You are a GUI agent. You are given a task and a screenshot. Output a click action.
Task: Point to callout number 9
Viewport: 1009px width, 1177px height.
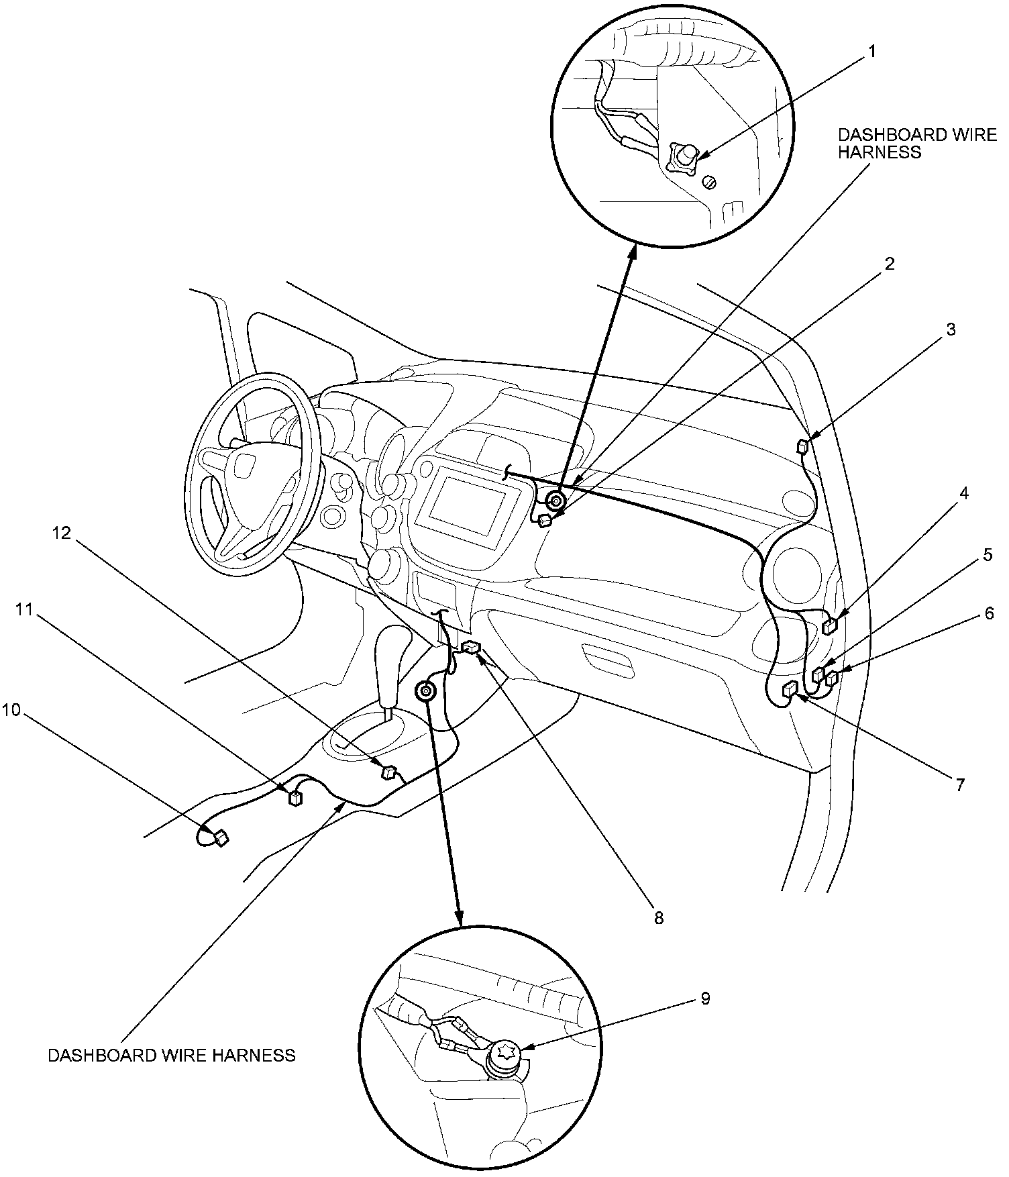pyautogui.click(x=705, y=999)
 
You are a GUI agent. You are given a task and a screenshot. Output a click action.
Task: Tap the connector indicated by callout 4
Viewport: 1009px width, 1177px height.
pyautogui.click(x=830, y=627)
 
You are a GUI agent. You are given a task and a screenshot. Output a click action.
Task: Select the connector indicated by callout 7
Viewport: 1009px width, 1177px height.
pyautogui.click(x=790, y=688)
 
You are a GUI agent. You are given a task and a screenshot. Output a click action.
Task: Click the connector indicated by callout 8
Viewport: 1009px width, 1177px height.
pyautogui.click(x=471, y=648)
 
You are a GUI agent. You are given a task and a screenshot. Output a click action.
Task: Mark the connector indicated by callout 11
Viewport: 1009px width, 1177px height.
pyautogui.click(x=295, y=797)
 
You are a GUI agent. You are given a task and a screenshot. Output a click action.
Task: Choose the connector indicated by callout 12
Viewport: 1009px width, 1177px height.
pyautogui.click(x=387, y=772)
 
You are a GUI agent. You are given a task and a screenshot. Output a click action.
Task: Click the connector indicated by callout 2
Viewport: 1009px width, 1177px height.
pyautogui.click(x=545, y=520)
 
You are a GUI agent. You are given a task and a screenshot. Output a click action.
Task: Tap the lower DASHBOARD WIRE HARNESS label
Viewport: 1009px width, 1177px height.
pyautogui.click(x=172, y=1056)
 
